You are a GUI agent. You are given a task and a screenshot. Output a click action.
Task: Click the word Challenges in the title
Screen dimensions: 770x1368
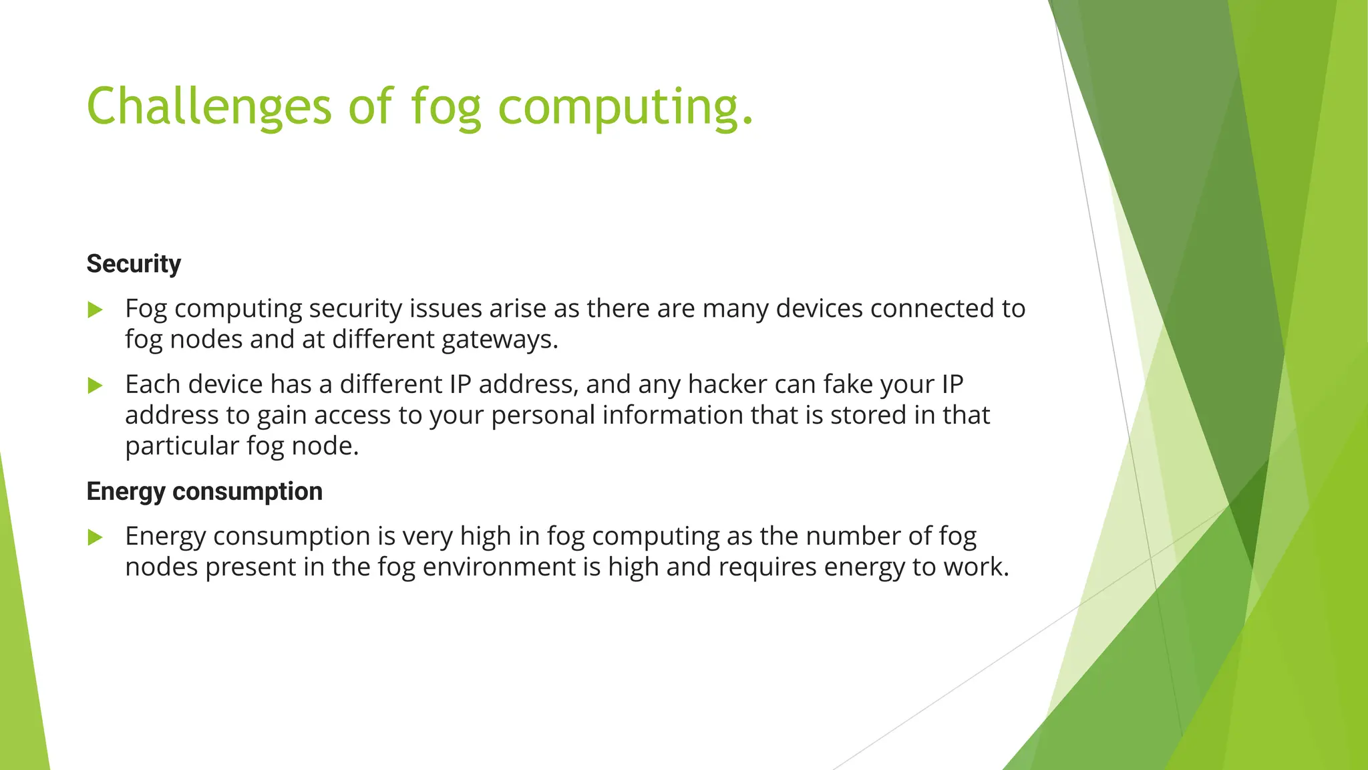click(x=208, y=107)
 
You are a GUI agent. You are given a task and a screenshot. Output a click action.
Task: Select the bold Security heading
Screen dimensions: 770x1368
click(x=134, y=264)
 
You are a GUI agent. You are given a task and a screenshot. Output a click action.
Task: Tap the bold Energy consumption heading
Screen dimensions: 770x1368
click(x=204, y=491)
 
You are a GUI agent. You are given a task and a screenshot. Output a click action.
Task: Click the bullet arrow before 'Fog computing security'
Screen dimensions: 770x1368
click(x=96, y=309)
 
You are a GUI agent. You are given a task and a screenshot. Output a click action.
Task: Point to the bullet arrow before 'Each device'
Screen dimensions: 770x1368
click(x=96, y=386)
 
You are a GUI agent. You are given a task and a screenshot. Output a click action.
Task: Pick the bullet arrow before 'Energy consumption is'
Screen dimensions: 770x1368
click(x=96, y=537)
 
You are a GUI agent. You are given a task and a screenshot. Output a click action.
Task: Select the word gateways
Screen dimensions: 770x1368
click(x=499, y=340)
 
